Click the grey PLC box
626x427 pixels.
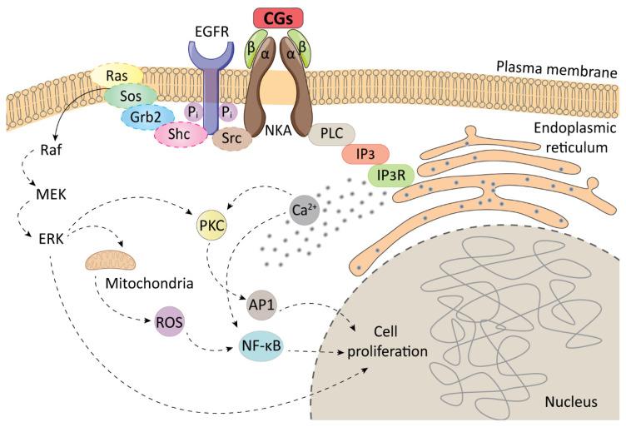pos(331,134)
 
